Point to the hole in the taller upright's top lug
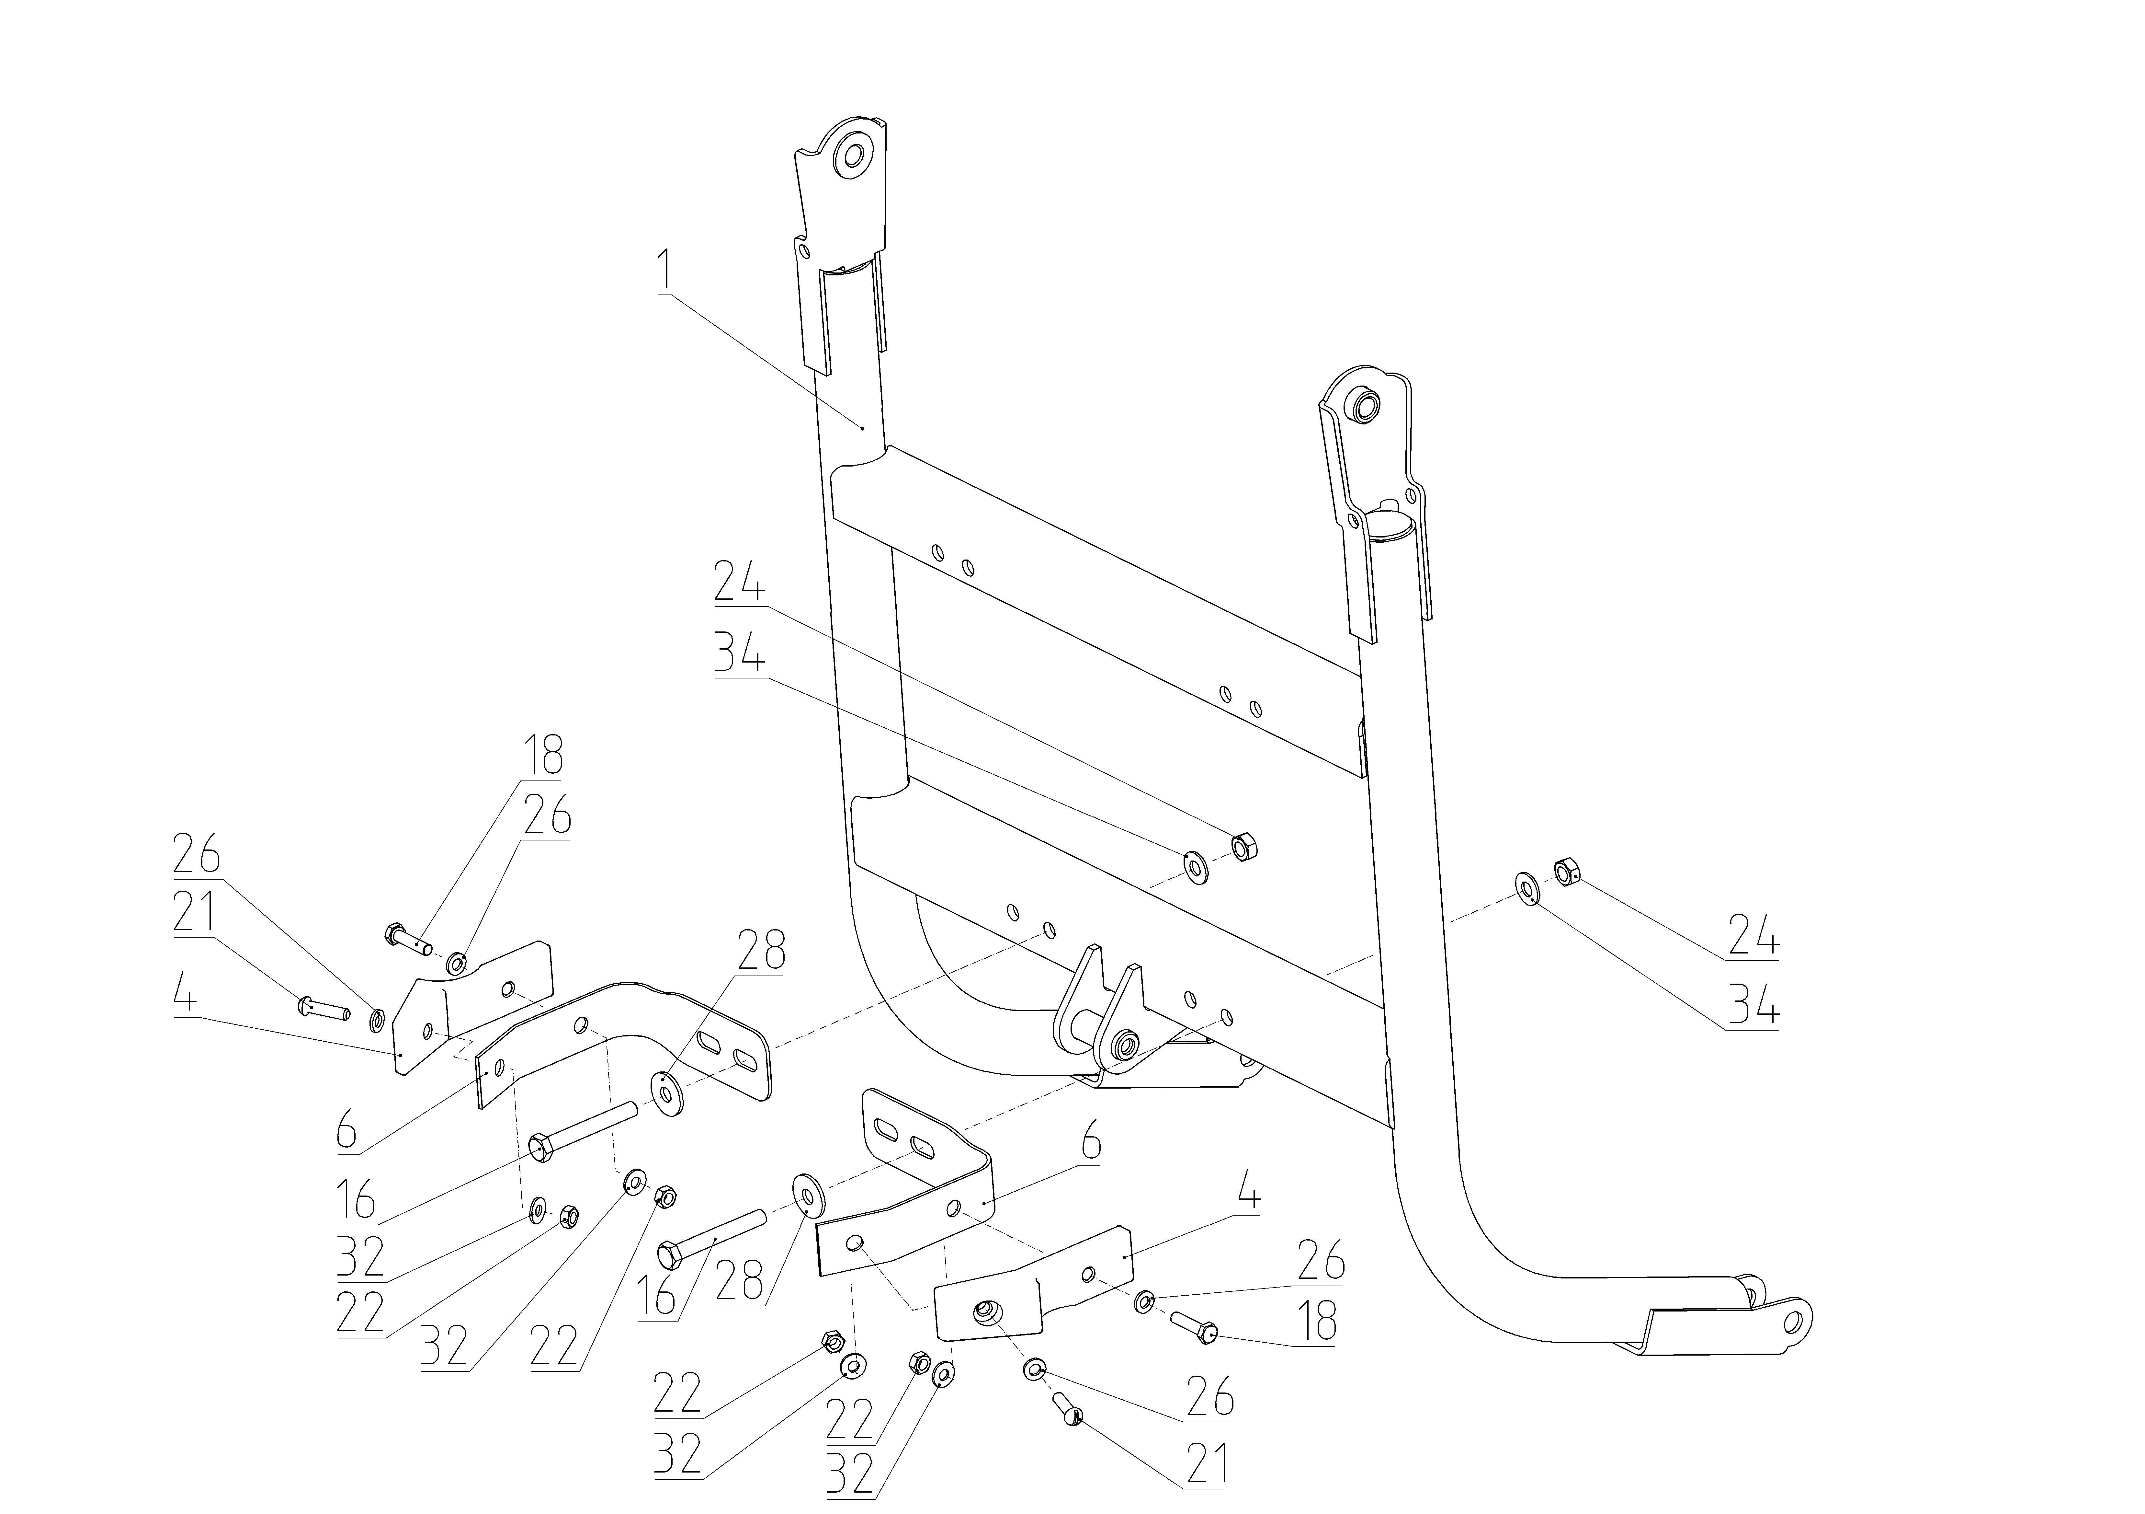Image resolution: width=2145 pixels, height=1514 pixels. click(852, 154)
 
